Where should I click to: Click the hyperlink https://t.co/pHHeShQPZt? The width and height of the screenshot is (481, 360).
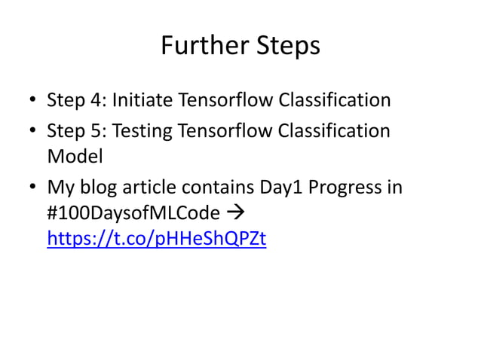pyautogui.click(x=156, y=239)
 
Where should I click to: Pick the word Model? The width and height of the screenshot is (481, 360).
pyautogui.click(x=74, y=158)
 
